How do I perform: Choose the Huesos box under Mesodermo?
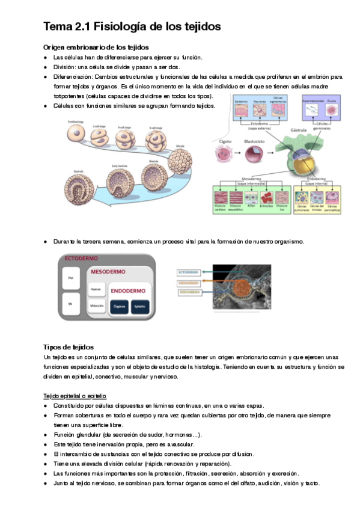coord(94,289)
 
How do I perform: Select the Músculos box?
coord(94,306)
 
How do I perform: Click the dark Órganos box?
coord(118,305)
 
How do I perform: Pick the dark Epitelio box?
coord(139,305)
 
